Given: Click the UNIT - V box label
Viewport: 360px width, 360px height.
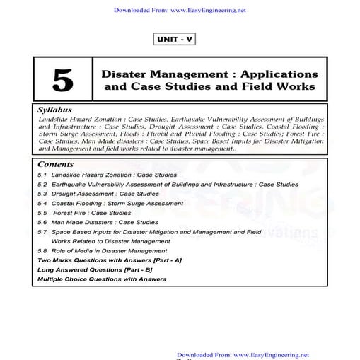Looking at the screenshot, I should click(173, 40).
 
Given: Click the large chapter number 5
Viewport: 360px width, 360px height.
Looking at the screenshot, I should click(62, 81).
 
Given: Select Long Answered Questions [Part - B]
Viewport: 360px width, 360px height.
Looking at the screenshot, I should click(98, 269).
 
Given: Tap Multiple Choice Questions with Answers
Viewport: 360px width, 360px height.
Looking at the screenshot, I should click(102, 279).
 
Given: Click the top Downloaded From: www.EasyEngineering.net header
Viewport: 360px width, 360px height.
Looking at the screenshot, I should click(179, 11).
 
